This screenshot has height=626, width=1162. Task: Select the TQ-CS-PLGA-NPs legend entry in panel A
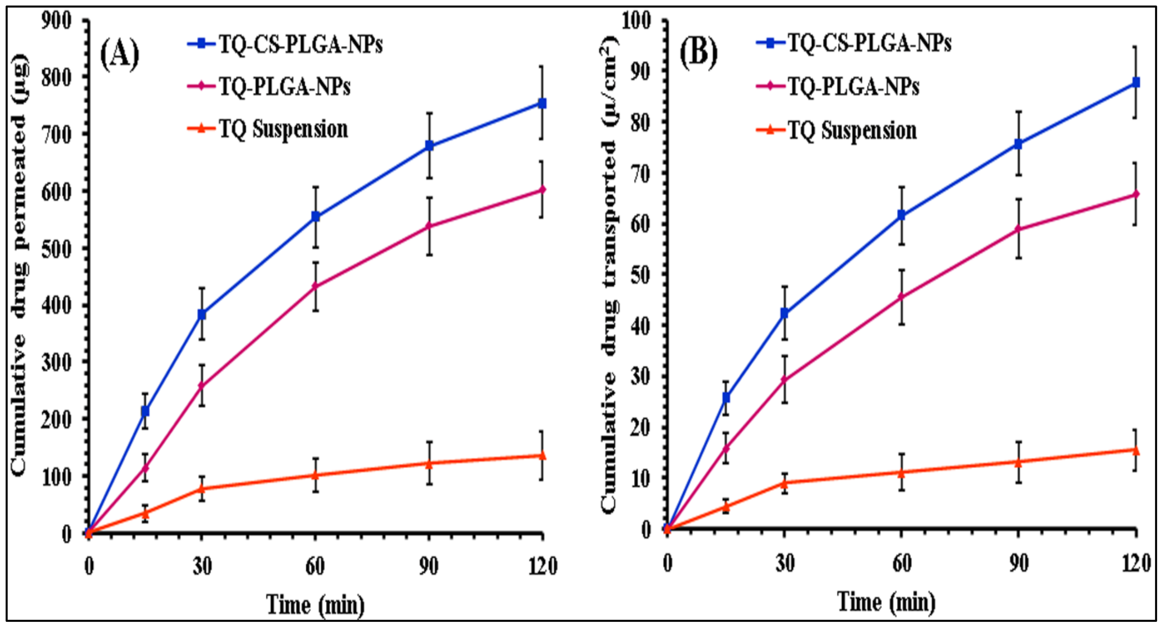tap(300, 44)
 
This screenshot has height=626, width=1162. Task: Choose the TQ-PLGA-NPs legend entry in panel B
tap(852, 86)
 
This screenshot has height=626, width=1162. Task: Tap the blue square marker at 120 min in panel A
tap(542, 103)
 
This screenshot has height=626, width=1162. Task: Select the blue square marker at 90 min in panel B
tap(1018, 144)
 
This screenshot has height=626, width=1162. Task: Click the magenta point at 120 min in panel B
tap(1136, 194)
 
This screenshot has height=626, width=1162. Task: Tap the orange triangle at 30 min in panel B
tap(784, 482)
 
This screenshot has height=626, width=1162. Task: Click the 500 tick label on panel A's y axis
tap(56, 249)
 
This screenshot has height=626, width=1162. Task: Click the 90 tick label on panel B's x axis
tap(1018, 564)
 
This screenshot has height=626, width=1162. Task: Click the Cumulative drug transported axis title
tap(609, 275)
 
